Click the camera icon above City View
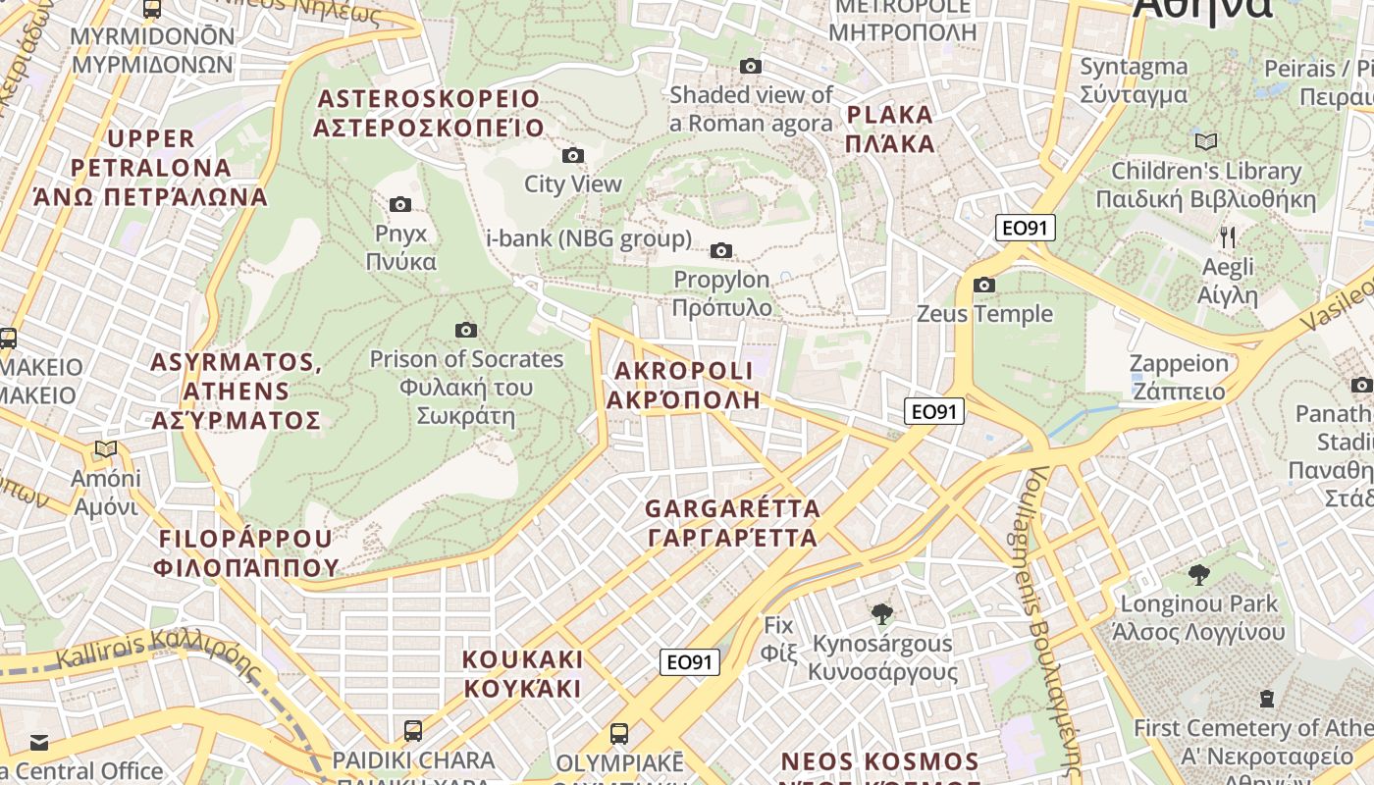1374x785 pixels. click(x=573, y=155)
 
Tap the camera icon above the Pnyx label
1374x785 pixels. click(x=400, y=204)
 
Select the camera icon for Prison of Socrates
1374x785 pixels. click(x=466, y=330)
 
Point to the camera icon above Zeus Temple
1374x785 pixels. click(x=984, y=285)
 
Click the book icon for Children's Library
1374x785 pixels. click(x=1206, y=141)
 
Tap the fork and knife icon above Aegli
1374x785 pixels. click(x=1227, y=236)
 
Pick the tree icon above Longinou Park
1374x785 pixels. click(x=1198, y=574)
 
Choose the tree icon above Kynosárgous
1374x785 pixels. click(x=881, y=614)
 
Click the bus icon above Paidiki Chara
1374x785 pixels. click(x=413, y=731)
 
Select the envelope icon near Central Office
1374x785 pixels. click(x=38, y=742)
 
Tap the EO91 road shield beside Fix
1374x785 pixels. click(x=689, y=662)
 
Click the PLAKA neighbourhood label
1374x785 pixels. click(x=890, y=129)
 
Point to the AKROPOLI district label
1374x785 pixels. click(x=683, y=385)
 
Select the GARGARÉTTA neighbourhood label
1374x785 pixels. click(x=732, y=523)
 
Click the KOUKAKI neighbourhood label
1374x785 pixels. click(x=522, y=673)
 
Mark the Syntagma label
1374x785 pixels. click(x=1134, y=80)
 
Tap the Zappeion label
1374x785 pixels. click(x=1179, y=377)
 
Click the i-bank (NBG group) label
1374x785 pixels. click(x=589, y=238)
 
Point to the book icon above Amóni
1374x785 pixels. click(x=106, y=449)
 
